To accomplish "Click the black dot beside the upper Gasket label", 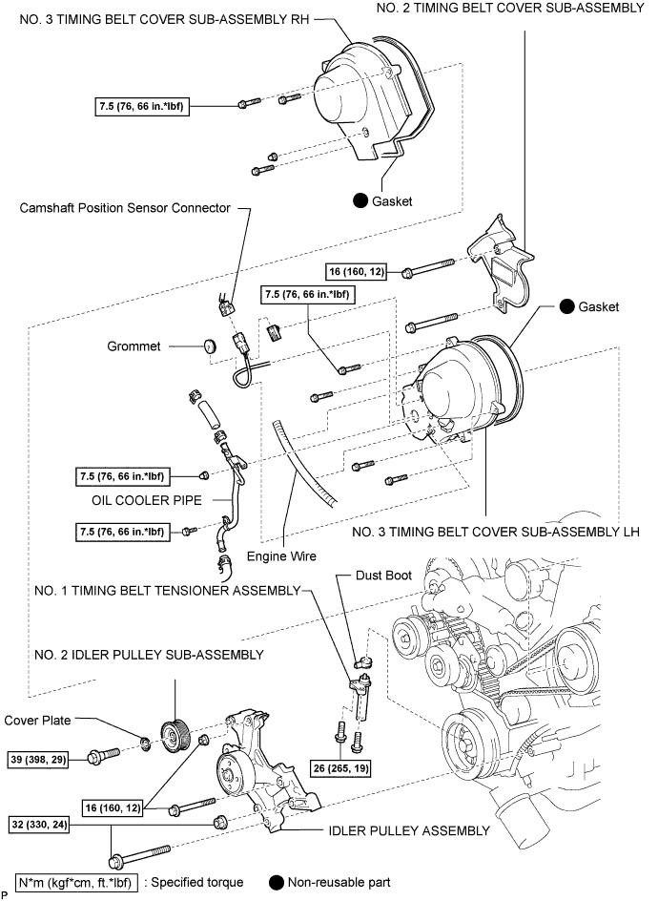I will pyautogui.click(x=361, y=200).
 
